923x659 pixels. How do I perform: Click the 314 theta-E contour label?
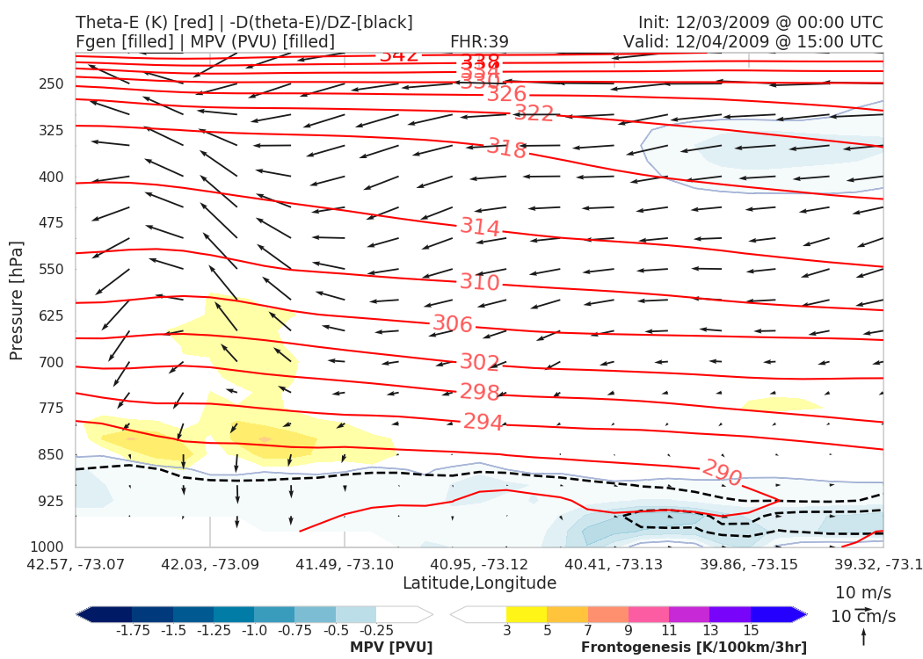(480, 228)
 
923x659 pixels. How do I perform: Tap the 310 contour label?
(480, 283)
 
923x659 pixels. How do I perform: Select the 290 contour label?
(722, 473)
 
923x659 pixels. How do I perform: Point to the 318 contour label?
(507, 148)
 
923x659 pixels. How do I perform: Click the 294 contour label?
(483, 422)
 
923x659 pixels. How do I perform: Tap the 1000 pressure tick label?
(48, 547)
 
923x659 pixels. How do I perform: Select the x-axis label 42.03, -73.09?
(210, 563)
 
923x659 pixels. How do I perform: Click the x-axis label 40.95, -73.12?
(479, 563)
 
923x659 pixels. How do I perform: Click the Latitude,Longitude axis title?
(479, 583)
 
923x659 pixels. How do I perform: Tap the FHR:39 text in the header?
(479, 41)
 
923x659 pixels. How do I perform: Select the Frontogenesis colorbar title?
(694, 648)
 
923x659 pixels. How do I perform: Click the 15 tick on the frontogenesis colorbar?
(751, 630)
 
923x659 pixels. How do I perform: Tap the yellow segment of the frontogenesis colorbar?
(527, 614)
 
